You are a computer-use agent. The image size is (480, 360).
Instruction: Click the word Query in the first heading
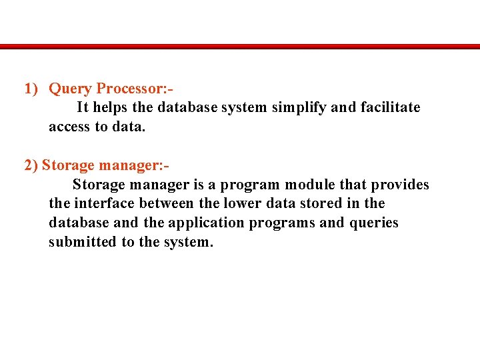[x=71, y=88]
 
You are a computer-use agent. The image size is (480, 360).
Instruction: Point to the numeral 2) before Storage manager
[x=31, y=165]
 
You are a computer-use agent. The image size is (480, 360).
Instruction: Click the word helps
[x=112, y=107]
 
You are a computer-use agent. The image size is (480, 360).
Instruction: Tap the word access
[x=69, y=127]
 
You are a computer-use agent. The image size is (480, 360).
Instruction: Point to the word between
[x=163, y=203]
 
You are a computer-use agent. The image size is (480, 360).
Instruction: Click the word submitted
[x=82, y=242]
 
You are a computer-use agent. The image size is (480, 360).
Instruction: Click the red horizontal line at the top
[x=240, y=47]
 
